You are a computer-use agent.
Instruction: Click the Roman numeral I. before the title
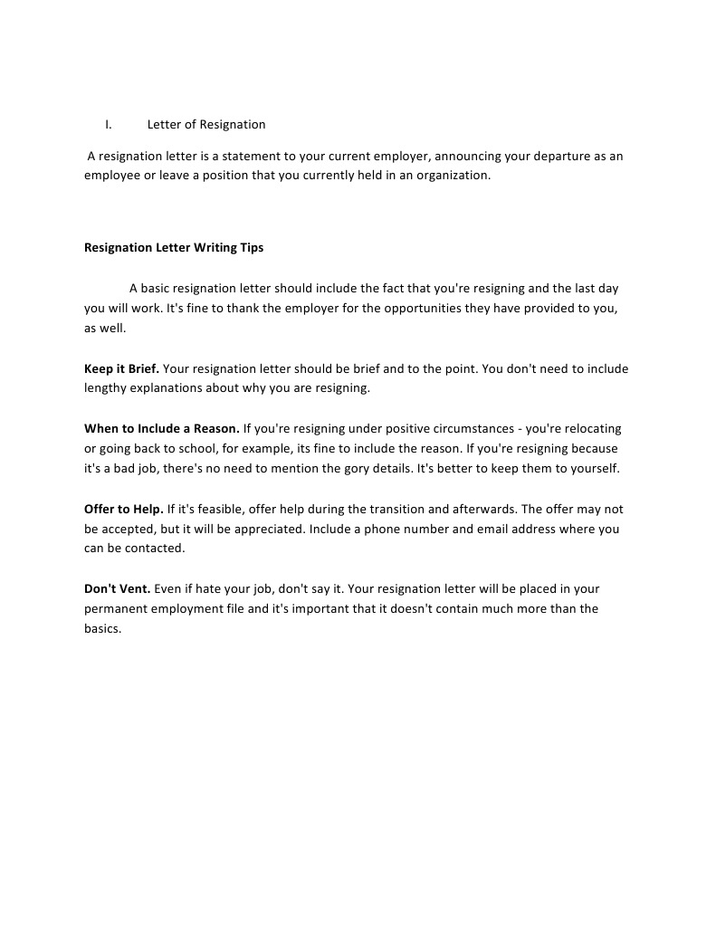click(108, 124)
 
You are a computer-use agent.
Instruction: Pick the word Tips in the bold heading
click(252, 247)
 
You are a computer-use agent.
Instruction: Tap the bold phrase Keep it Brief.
click(121, 368)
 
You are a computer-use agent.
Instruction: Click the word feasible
click(218, 509)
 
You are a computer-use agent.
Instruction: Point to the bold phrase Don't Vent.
click(118, 588)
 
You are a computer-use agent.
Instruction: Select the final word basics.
click(102, 628)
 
